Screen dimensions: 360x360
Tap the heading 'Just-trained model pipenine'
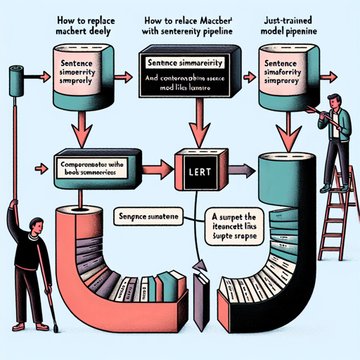click(296, 26)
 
